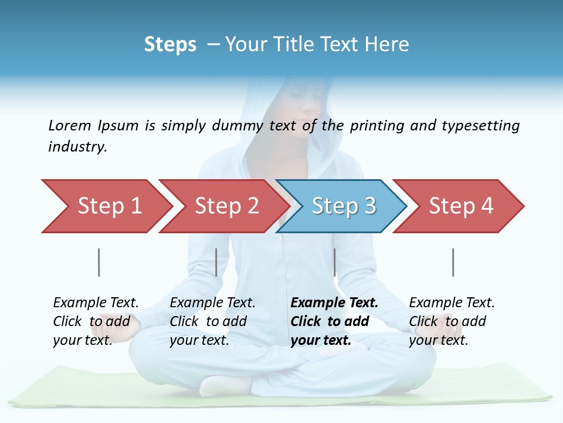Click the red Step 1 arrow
(106, 206)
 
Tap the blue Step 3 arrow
(342, 206)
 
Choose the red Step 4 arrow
(459, 206)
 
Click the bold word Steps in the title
(170, 45)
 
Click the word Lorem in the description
(69, 125)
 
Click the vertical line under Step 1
(99, 262)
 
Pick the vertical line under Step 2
(216, 262)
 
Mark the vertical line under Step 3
(334, 262)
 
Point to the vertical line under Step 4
(453, 262)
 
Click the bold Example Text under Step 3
(334, 303)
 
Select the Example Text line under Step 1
(96, 303)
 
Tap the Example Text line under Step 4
(452, 303)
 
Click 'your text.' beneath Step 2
(199, 340)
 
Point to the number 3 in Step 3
(369, 206)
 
